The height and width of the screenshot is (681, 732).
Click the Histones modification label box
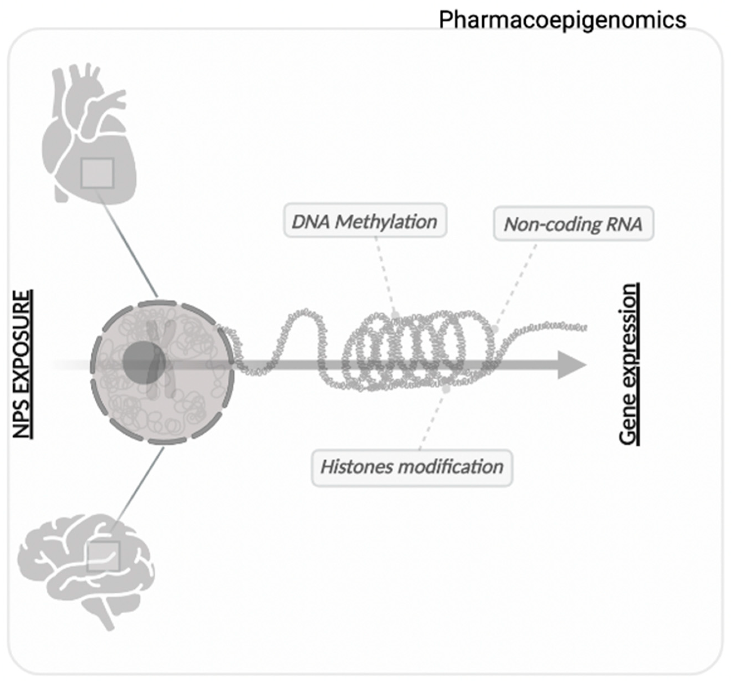point(412,467)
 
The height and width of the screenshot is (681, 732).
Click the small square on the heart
point(97,173)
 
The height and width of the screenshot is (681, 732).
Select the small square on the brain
point(104,556)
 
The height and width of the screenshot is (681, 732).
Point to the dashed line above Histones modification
point(433,420)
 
